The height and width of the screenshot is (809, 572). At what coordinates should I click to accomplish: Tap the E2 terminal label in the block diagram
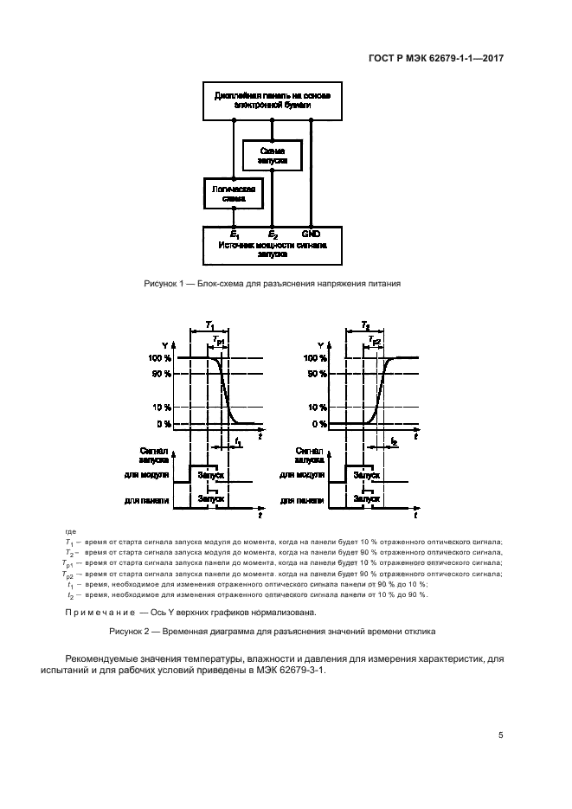273,234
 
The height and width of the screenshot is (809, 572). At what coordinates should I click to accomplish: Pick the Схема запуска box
272,156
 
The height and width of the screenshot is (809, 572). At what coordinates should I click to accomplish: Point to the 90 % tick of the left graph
159,374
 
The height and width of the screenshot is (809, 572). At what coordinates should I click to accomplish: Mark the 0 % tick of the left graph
162,424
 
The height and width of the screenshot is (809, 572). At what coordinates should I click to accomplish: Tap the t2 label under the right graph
394,441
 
